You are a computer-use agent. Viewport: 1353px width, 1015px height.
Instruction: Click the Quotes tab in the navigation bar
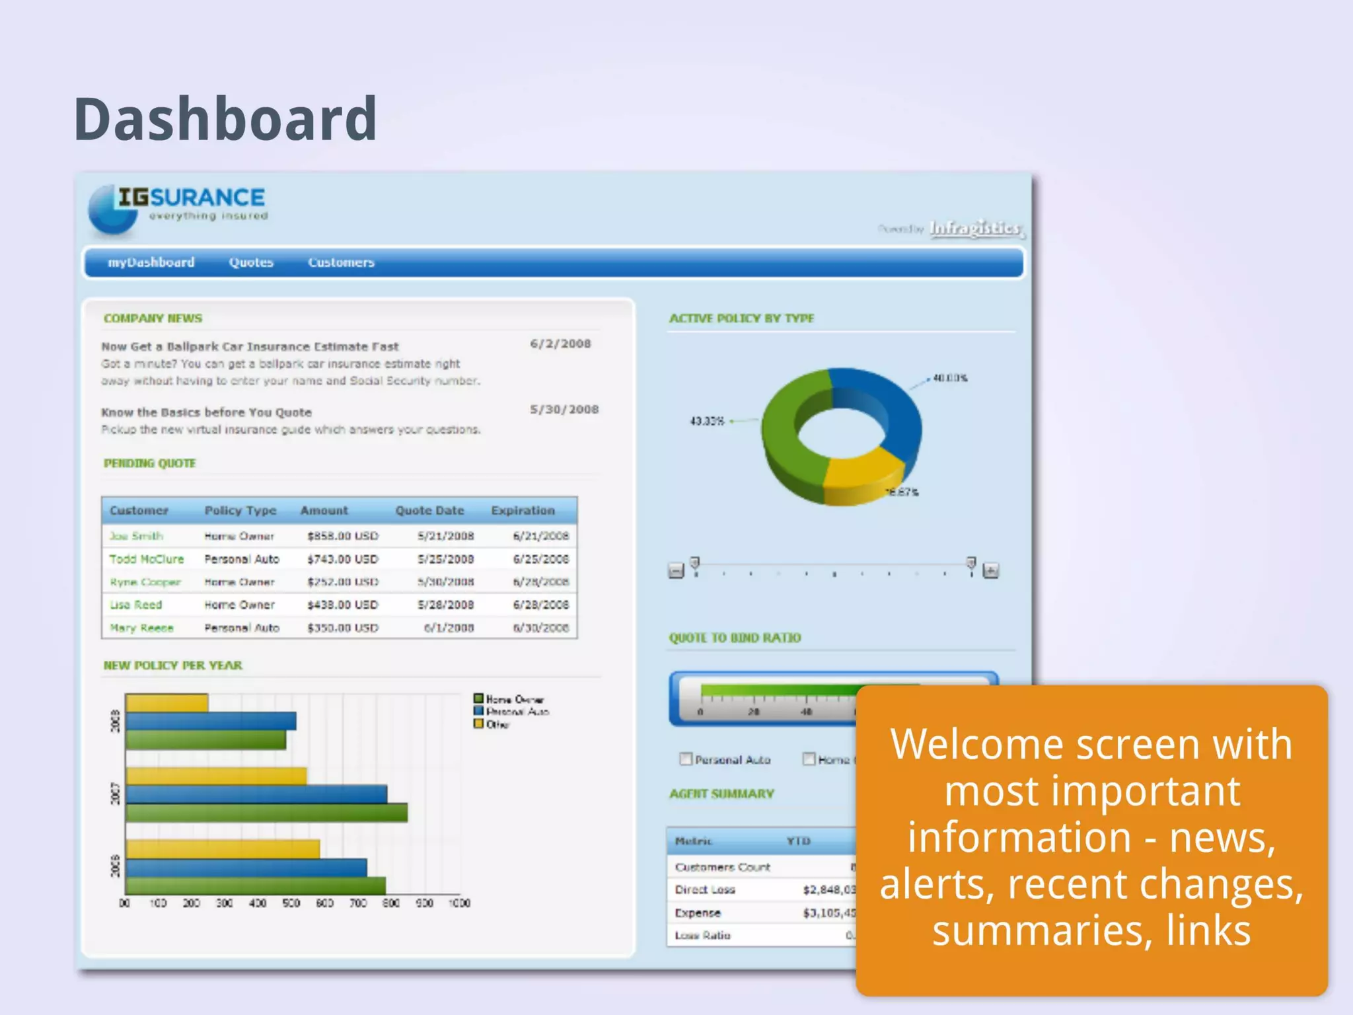click(x=251, y=262)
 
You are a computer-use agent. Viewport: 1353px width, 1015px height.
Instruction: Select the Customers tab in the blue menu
click(x=341, y=262)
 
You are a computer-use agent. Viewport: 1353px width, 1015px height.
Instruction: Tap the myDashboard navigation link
click(x=151, y=262)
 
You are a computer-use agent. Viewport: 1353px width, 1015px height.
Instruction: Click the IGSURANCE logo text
click(x=192, y=198)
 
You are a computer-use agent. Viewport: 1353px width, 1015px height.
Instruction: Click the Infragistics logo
click(x=975, y=228)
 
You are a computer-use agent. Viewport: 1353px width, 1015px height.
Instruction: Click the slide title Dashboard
click(x=225, y=119)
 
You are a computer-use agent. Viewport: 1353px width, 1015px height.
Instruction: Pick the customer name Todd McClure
click(x=147, y=559)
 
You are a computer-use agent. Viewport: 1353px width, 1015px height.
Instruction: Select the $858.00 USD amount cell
click(x=342, y=536)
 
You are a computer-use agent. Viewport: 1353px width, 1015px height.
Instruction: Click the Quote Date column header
click(x=429, y=511)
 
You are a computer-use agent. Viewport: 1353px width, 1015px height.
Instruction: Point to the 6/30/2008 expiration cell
click(x=540, y=628)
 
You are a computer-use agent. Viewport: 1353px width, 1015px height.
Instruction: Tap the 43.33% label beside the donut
click(x=707, y=421)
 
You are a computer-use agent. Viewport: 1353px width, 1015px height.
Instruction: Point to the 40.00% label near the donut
click(x=950, y=378)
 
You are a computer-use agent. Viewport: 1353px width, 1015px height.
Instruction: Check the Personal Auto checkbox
click(x=686, y=759)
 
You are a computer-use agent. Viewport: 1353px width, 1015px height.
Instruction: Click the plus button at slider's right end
click(x=990, y=570)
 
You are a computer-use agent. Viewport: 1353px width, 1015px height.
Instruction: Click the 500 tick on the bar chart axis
click(x=291, y=903)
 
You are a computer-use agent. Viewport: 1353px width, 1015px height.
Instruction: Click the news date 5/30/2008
click(x=564, y=410)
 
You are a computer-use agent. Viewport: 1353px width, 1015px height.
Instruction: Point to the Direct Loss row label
click(x=705, y=890)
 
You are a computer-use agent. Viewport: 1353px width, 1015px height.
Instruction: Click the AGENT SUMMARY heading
click(x=721, y=794)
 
